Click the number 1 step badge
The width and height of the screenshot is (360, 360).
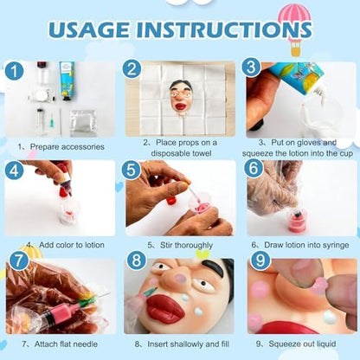(x=15, y=71)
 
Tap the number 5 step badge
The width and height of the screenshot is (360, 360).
(x=132, y=170)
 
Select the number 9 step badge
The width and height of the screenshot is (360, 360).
(x=260, y=260)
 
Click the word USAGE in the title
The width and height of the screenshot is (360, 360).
(x=89, y=29)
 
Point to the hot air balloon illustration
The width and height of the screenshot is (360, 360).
(x=295, y=29)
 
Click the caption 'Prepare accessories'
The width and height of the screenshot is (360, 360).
(x=67, y=146)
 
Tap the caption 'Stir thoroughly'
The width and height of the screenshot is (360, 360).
(x=186, y=245)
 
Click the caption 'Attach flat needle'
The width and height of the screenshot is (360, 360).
(x=66, y=344)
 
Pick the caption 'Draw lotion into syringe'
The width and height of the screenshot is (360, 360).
(x=306, y=245)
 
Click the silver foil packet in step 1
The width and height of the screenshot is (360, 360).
(x=83, y=123)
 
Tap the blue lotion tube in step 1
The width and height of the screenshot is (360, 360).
(x=67, y=80)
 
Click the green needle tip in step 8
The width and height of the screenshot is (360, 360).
(x=150, y=292)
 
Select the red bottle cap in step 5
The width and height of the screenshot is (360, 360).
(x=171, y=200)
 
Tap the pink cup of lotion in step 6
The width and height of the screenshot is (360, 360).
(x=296, y=221)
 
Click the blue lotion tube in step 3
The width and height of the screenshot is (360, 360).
(x=294, y=75)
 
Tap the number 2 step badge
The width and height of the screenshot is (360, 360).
(x=132, y=69)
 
